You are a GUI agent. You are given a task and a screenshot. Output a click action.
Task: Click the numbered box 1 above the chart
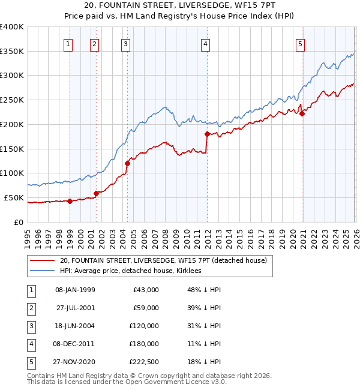click(x=68, y=43)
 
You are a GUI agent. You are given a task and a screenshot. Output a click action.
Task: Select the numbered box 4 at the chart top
click(x=205, y=43)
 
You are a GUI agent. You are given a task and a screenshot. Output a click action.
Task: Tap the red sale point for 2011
click(x=207, y=134)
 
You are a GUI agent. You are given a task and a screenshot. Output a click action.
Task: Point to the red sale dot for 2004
click(x=128, y=163)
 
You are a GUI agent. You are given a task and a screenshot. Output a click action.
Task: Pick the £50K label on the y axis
click(x=14, y=197)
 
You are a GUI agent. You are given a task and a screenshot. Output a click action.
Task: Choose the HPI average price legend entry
click(x=130, y=271)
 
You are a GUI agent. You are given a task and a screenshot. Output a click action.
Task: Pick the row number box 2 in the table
click(x=29, y=308)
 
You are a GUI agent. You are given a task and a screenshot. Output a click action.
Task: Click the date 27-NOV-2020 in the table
click(x=75, y=362)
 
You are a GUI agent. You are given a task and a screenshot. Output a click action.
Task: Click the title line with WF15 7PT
click(x=180, y=7)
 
